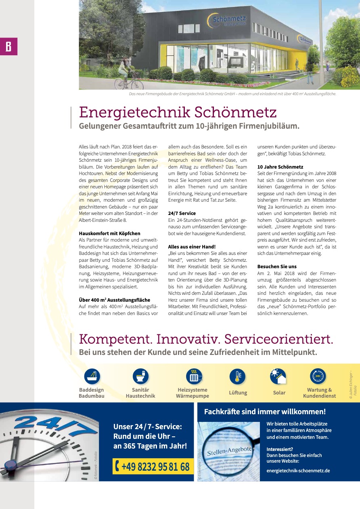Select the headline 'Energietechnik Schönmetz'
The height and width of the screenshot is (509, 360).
[x=178, y=112]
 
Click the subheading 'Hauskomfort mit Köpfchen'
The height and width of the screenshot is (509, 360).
[x=104, y=233]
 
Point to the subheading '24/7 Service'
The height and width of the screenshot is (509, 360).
[x=182, y=213]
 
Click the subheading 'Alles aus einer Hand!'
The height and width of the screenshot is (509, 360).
[x=192, y=246]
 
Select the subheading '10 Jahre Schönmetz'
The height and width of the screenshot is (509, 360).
[x=280, y=167]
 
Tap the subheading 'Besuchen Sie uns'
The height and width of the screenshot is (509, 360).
[x=277, y=267]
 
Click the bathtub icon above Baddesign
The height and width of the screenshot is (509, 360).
[x=92, y=376]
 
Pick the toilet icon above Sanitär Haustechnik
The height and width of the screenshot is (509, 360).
[x=140, y=376]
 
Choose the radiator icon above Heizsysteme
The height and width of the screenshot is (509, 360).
[x=194, y=376]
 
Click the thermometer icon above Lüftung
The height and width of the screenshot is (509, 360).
[x=237, y=376]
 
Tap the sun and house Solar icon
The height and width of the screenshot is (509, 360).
[x=278, y=376]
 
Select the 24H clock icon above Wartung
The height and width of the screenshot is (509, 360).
[x=318, y=376]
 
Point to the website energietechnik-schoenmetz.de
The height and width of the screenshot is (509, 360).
[x=298, y=470]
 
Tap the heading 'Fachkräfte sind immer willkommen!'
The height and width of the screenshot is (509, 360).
[x=265, y=412]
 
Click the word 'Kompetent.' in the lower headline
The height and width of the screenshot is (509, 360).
[x=115, y=339]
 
